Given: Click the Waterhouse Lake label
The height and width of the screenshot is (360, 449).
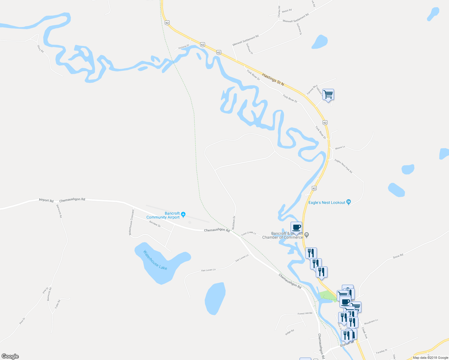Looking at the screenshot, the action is tap(155, 260).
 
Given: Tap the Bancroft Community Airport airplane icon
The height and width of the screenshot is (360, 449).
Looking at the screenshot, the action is tap(183, 214).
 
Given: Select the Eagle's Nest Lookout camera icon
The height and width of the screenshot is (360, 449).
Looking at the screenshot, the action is tap(348, 202).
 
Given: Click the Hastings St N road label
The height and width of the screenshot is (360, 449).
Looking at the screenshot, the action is tap(273, 79).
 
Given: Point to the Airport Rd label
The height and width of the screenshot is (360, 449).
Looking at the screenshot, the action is tap(46, 200).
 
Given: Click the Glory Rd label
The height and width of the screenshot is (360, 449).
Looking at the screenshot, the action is tap(41, 49).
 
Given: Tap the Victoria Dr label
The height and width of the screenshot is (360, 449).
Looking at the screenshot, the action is tap(184, 47).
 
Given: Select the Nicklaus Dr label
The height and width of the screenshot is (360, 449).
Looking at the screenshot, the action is tap(234, 223).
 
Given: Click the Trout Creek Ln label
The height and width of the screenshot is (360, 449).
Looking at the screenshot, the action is tap(249, 233).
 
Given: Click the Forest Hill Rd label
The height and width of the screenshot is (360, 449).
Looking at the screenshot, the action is tap(305, 313).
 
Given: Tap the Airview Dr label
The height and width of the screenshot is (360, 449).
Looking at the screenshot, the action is tap(155, 223).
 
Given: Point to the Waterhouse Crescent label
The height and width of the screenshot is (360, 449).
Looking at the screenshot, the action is tap(131, 222).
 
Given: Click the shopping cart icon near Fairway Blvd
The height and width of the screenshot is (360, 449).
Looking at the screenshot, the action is tap(328, 94).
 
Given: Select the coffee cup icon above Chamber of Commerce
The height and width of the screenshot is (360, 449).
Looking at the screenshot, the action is tap(296, 227).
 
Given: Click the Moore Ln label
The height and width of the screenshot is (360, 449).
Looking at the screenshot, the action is tap(340, 148).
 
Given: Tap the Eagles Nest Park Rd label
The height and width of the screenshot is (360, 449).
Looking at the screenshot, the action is tap(343, 166).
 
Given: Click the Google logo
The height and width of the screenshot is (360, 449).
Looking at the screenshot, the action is tap(10, 356).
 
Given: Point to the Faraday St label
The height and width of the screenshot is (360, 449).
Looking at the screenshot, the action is tap(382, 351).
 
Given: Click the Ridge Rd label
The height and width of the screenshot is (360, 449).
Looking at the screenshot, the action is tap(290, 332).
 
